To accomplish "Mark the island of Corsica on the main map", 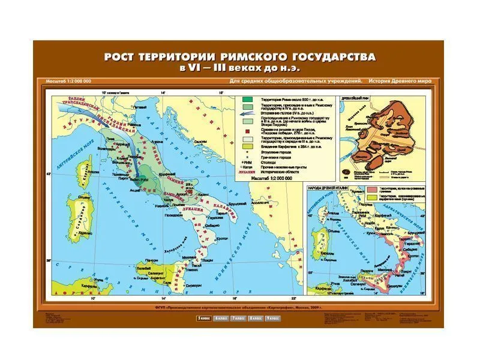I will (84, 174).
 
